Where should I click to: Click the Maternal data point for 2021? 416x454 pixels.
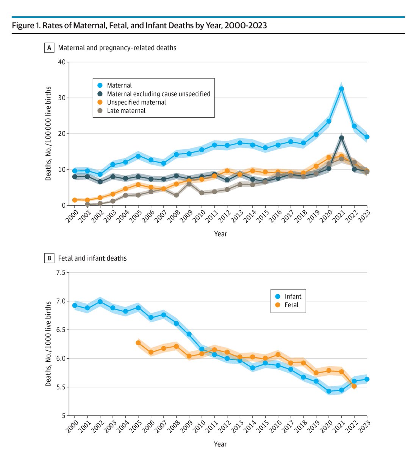click(341, 89)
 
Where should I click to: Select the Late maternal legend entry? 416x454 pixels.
click(126, 111)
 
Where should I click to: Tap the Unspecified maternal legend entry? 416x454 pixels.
click(136, 102)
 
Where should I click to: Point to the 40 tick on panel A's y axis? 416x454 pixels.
click(61, 62)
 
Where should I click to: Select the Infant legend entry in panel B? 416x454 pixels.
click(293, 297)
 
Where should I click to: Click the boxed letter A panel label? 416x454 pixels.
click(49, 48)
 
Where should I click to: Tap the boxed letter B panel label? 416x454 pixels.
click(49, 258)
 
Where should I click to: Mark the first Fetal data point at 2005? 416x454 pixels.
click(138, 343)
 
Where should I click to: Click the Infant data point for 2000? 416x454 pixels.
click(75, 305)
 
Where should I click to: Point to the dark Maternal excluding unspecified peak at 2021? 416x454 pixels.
click(341, 138)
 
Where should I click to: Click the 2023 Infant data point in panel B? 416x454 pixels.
click(367, 379)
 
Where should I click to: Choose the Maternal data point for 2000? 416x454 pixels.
click(75, 171)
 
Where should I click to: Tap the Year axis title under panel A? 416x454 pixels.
click(221, 234)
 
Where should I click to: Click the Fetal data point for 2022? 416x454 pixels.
click(354, 386)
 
